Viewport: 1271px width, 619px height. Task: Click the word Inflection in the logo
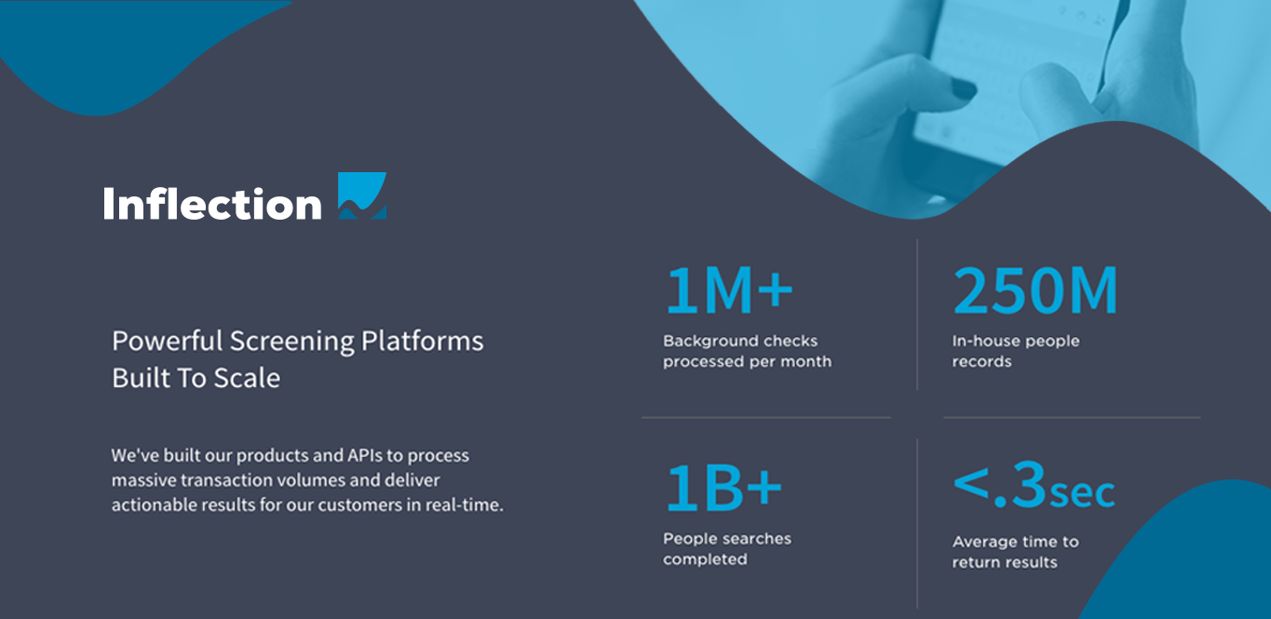click(212, 203)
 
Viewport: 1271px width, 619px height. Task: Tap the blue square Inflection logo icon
click(362, 195)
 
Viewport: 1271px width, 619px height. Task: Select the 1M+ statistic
click(728, 290)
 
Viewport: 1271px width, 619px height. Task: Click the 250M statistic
click(1035, 290)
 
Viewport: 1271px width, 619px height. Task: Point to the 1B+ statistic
click(724, 488)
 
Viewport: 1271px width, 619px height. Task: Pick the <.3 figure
click(999, 485)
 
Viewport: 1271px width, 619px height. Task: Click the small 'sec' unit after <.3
click(1082, 493)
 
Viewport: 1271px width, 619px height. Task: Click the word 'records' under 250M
click(981, 362)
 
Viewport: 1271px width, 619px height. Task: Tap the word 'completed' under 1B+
click(705, 560)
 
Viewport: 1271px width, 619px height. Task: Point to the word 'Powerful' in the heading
click(168, 341)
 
